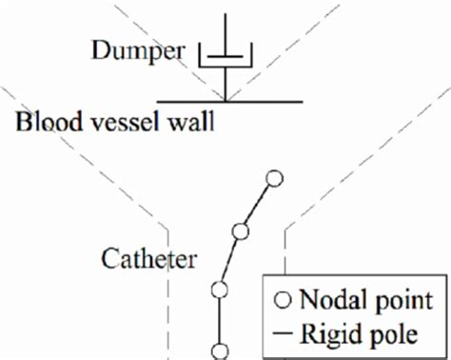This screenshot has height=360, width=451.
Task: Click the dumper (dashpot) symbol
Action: tap(225, 59)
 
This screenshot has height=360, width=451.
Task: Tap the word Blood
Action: tap(43, 122)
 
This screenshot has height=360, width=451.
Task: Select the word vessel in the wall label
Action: tap(113, 122)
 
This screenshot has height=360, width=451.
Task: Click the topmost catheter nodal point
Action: tap(275, 178)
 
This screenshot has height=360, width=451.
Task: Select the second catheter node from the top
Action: tap(241, 230)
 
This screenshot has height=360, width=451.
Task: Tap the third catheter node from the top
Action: tap(221, 290)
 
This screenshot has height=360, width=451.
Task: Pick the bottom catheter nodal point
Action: tap(221, 350)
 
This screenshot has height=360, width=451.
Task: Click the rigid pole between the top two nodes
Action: tap(258, 205)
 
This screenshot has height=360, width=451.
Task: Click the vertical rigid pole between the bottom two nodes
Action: tap(221, 320)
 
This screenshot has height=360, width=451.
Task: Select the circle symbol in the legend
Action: tap(283, 301)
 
